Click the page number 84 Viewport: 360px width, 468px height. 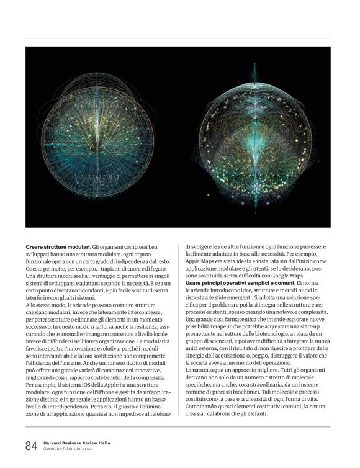click(30, 446)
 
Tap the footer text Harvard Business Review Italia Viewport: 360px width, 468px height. click(77, 443)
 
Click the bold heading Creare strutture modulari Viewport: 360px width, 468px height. click(58, 246)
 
